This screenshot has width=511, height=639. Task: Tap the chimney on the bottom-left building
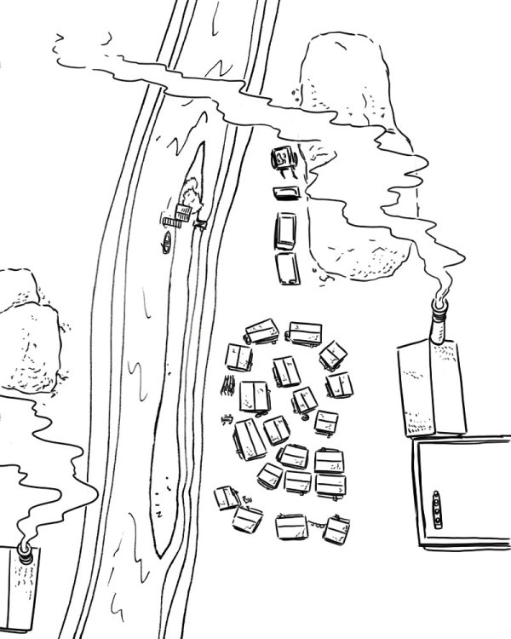(x=26, y=555)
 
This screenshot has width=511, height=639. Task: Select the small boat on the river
(x=168, y=243)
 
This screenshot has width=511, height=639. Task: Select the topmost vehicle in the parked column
(x=283, y=158)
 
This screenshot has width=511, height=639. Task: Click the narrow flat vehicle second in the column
(x=285, y=193)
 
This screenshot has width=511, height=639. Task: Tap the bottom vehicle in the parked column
(x=288, y=268)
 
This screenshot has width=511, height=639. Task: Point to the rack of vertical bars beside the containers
(x=227, y=384)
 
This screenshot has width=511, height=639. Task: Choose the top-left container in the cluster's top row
(x=261, y=331)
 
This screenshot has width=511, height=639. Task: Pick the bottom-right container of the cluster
(x=337, y=530)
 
